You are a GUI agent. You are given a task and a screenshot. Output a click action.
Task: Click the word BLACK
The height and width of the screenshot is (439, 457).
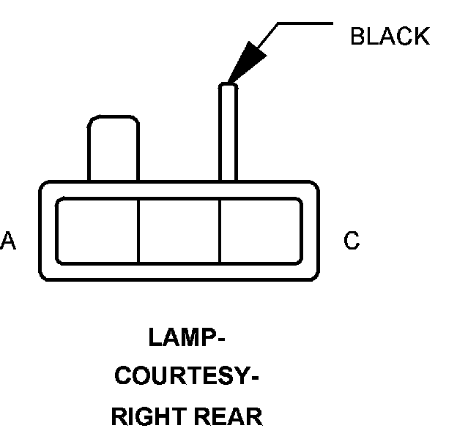coord(390,37)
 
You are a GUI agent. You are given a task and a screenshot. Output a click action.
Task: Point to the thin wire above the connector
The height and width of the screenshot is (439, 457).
coord(228,132)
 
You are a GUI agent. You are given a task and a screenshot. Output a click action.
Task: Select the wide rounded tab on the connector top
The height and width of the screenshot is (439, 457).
coord(113,146)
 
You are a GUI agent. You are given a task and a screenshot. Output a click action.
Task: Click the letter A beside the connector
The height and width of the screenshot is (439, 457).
coord(8,241)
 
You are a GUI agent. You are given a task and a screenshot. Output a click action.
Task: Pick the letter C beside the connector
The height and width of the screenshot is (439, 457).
coord(352,241)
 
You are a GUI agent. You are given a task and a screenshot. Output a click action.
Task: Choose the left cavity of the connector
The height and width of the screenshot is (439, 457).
coord(97,230)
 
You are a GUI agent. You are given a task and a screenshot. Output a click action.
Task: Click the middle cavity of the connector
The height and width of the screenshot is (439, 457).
coord(179,230)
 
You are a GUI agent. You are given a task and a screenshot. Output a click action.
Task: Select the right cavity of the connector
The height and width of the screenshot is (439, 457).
coord(260,230)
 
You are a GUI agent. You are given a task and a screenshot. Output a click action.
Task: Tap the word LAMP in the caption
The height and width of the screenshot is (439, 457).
coord(182,339)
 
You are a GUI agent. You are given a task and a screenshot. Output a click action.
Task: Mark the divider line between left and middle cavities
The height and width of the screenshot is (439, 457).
coord(138,230)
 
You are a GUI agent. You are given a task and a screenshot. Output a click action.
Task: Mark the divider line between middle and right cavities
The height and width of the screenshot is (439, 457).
coord(220,230)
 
